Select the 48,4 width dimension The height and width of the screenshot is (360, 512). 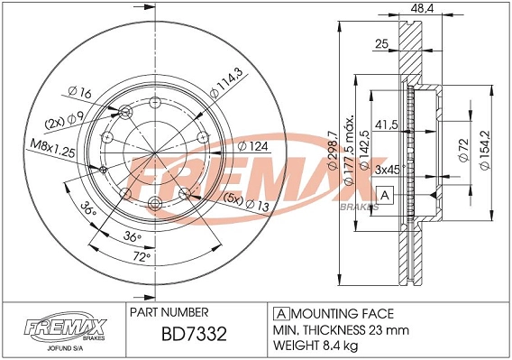[x=423, y=8]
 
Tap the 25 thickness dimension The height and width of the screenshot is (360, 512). [x=382, y=44]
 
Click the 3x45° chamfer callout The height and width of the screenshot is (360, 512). [x=389, y=170]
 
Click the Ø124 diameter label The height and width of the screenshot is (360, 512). [x=252, y=145]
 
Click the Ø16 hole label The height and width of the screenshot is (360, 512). [x=80, y=93]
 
